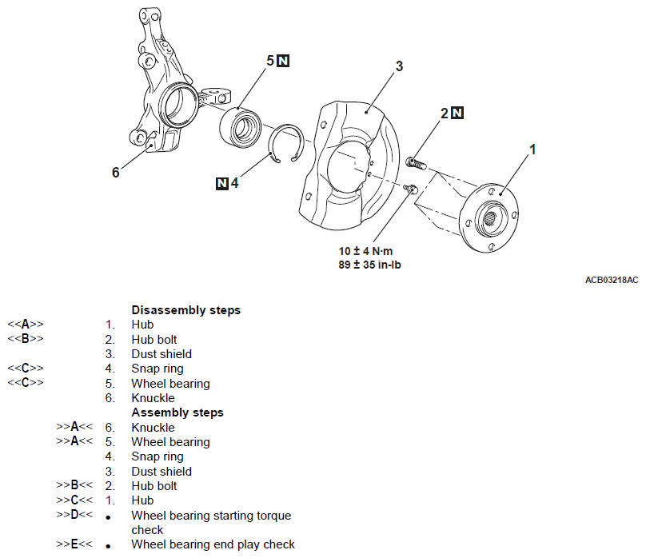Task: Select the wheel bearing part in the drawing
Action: pyautogui.click(x=240, y=127)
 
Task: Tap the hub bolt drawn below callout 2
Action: pyautogui.click(x=416, y=163)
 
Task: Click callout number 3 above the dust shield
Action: pyautogui.click(x=399, y=66)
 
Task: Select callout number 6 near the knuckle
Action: pyautogui.click(x=116, y=172)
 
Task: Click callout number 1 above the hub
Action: pyautogui.click(x=532, y=149)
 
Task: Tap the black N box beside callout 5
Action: pyautogui.click(x=283, y=61)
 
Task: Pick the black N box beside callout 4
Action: pyautogui.click(x=222, y=184)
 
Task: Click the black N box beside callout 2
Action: pyautogui.click(x=457, y=113)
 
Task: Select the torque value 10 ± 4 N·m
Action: pyautogui.click(x=365, y=251)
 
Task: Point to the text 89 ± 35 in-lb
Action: pyautogui.click(x=369, y=265)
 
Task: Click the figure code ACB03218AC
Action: pyautogui.click(x=612, y=280)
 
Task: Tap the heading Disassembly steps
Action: pyautogui.click(x=185, y=310)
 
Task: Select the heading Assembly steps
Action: pyautogui.click(x=177, y=413)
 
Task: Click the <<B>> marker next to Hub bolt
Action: pyautogui.click(x=26, y=338)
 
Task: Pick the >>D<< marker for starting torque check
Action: pyautogui.click(x=74, y=514)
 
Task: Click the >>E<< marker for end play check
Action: pyautogui.click(x=74, y=544)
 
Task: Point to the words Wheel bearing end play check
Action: pyautogui.click(x=213, y=544)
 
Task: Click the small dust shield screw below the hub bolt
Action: pyautogui.click(x=411, y=189)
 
